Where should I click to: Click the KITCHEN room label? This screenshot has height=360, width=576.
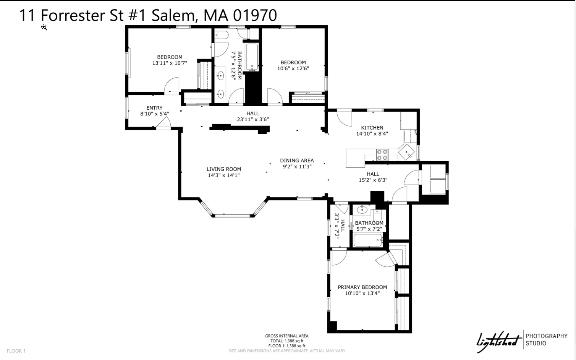(372, 128)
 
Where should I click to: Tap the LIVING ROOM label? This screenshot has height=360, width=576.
(224, 169)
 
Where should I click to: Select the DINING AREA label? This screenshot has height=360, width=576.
(297, 161)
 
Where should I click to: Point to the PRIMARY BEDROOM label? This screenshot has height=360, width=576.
(362, 287)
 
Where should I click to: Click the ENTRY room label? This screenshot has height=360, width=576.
(154, 108)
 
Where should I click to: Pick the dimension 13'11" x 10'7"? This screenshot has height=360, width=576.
(170, 63)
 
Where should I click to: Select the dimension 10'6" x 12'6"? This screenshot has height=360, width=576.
(293, 68)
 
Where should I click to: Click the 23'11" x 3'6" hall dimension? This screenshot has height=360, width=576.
(253, 119)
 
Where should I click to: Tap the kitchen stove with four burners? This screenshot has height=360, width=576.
(382, 155)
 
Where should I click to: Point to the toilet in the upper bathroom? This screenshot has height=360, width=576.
(221, 36)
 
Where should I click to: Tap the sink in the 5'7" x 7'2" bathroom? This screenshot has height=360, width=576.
(361, 210)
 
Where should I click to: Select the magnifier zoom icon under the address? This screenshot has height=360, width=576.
(44, 28)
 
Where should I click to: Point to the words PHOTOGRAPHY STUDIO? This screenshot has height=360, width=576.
(546, 339)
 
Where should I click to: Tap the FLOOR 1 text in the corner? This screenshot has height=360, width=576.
(16, 351)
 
